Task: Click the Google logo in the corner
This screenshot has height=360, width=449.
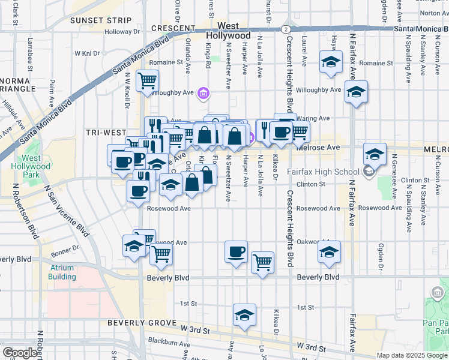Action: [x=20, y=353]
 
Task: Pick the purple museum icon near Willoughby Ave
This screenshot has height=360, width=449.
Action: [x=203, y=93]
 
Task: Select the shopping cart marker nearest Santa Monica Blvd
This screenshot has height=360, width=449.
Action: [x=147, y=80]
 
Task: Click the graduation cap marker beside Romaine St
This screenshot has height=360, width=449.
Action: [x=330, y=62]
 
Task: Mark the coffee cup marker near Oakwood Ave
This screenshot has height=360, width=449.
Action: [x=236, y=251]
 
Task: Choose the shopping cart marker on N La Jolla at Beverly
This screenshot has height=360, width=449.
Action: [x=262, y=262]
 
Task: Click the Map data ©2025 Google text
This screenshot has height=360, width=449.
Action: [x=412, y=355]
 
